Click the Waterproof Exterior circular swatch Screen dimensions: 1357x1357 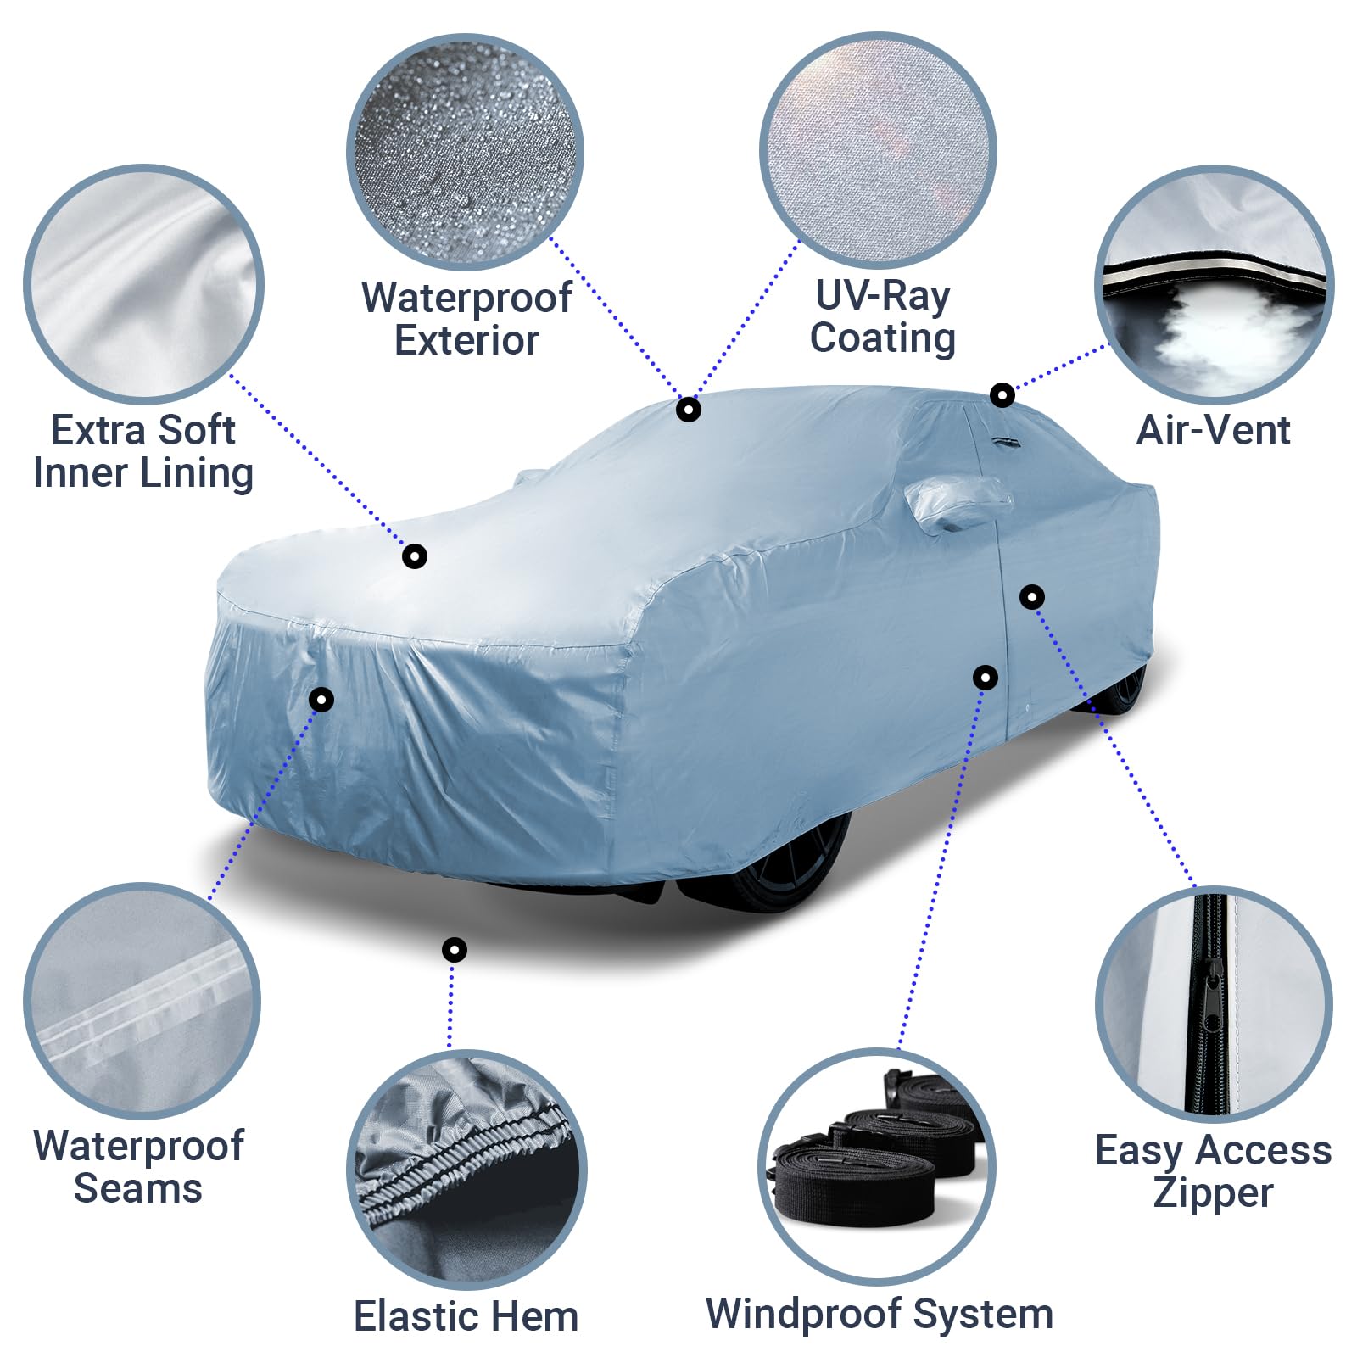[x=465, y=153]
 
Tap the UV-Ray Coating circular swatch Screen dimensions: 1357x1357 [x=878, y=151]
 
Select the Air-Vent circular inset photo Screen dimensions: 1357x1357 [x=1214, y=284]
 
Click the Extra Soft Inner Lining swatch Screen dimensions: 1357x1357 [x=143, y=284]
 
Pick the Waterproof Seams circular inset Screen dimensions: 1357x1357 [x=142, y=1001]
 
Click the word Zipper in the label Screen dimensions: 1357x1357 [x=1213, y=1193]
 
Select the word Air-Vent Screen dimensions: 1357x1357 [x=1213, y=430]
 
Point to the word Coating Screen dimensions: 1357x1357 [x=883, y=338]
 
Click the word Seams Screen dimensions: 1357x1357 [x=138, y=1188]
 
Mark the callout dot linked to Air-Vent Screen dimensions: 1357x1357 [x=1002, y=394]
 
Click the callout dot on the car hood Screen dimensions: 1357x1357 [x=414, y=556]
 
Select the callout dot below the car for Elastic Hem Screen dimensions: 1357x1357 [x=455, y=949]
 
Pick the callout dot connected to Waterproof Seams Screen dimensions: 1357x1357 [x=321, y=700]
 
